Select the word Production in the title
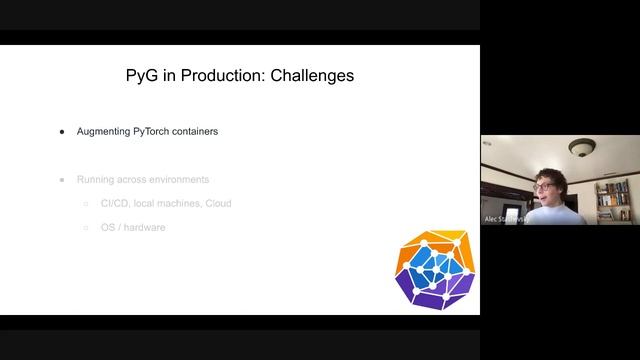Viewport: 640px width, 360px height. coord(212,76)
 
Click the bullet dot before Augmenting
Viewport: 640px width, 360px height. coord(62,131)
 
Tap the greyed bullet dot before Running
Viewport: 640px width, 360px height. coord(62,180)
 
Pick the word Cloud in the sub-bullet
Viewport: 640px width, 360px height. coord(218,204)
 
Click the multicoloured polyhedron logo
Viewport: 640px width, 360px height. coord(432,267)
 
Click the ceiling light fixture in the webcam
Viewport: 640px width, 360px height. coord(582,147)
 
